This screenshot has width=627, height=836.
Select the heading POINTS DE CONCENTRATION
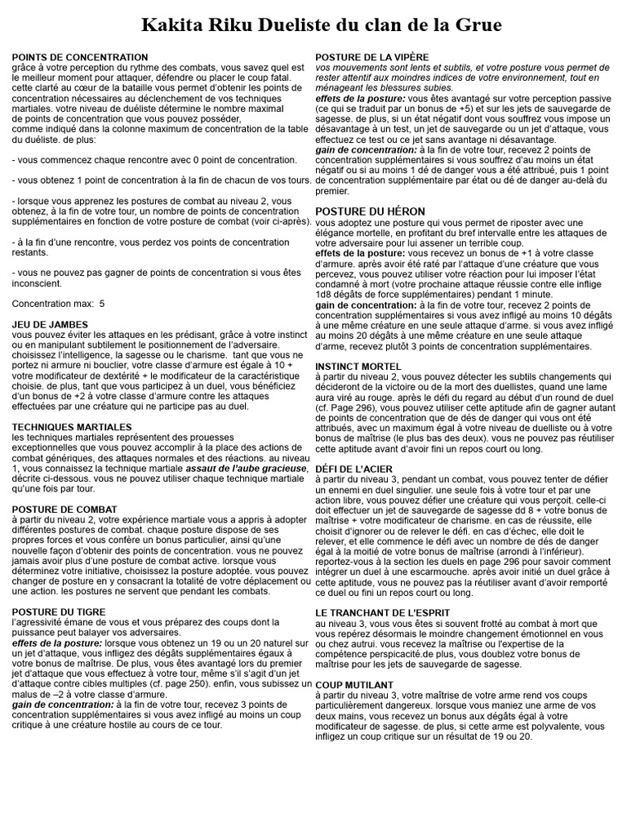(80, 57)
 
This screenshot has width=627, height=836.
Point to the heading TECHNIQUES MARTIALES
(72, 426)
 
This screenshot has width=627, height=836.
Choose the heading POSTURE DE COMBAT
(64, 509)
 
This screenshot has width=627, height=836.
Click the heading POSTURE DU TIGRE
(59, 611)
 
